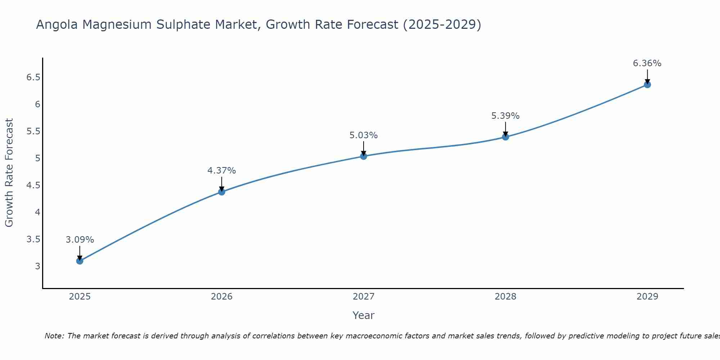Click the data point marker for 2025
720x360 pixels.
[80, 261]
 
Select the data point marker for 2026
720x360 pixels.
[222, 192]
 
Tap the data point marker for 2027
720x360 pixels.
[364, 156]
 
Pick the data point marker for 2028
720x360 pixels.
[505, 137]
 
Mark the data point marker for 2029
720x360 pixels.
[647, 85]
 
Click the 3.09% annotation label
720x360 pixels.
[80, 240]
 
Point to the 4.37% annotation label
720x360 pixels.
[222, 171]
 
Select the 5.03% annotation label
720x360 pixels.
[364, 135]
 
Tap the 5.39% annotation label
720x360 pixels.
[505, 116]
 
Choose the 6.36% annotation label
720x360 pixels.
[647, 63]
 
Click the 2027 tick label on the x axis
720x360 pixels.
[364, 297]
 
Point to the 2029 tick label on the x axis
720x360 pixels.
[647, 297]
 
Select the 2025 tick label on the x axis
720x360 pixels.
[80, 297]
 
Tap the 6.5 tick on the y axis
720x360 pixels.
[33, 77]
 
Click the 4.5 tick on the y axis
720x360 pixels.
[33, 185]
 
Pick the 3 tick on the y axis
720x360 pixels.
[37, 266]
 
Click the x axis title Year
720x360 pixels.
[364, 315]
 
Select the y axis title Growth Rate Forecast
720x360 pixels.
[9, 173]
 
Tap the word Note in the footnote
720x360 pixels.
[54, 336]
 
